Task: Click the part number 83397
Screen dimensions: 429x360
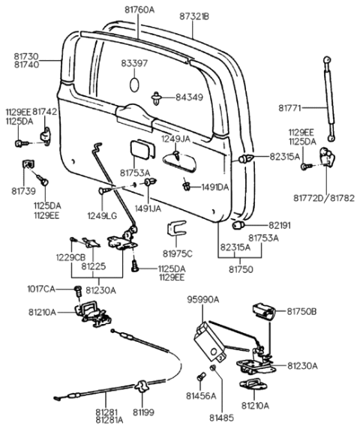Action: [136, 64]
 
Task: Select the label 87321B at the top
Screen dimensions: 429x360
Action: [194, 15]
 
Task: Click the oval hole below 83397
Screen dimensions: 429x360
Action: [134, 82]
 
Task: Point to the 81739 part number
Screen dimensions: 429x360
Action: [24, 191]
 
